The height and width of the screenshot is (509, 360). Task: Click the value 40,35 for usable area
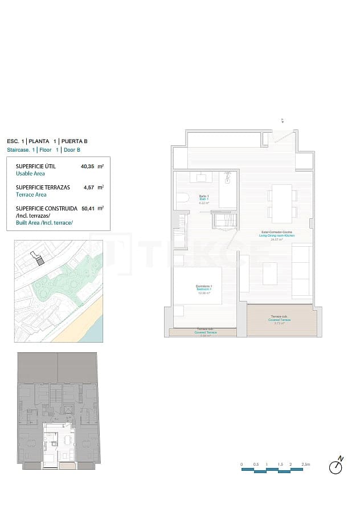click(x=87, y=167)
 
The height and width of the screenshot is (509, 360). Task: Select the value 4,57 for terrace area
click(x=88, y=187)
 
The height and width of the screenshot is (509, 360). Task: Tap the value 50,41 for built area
click(x=87, y=208)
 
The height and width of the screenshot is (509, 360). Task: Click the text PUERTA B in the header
click(x=75, y=141)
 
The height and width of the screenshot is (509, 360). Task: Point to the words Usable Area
click(x=30, y=174)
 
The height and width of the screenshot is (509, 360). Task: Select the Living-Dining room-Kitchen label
click(x=277, y=234)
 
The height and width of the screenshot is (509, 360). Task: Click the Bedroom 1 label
click(x=204, y=288)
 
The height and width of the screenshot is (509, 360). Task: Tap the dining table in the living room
click(x=282, y=203)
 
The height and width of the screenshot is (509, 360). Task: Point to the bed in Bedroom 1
click(x=205, y=285)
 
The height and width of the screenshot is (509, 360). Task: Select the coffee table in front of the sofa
click(x=269, y=273)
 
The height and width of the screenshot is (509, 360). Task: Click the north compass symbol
click(x=337, y=466)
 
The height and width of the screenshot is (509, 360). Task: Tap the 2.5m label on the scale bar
click(x=306, y=465)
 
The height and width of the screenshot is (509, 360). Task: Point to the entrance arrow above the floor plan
click(x=282, y=120)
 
